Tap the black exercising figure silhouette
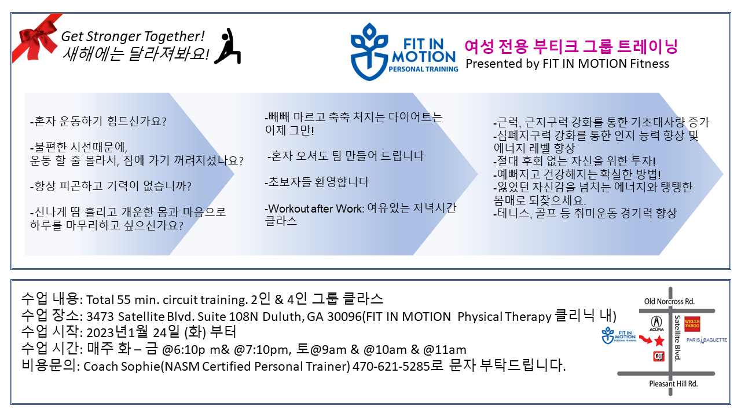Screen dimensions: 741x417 (228, 46)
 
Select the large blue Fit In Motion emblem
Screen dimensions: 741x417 (369, 52)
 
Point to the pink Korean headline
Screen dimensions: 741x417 (571, 46)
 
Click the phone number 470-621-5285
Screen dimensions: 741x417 (391, 367)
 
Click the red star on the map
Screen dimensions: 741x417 (659, 341)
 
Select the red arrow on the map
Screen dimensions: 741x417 (645, 339)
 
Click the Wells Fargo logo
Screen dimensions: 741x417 (692, 324)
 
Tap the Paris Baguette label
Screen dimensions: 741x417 (707, 340)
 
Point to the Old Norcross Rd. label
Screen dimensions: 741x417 (669, 302)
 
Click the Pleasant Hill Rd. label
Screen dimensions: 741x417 (673, 384)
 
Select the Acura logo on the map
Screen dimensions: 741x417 (656, 323)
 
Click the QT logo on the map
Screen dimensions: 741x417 (659, 356)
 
